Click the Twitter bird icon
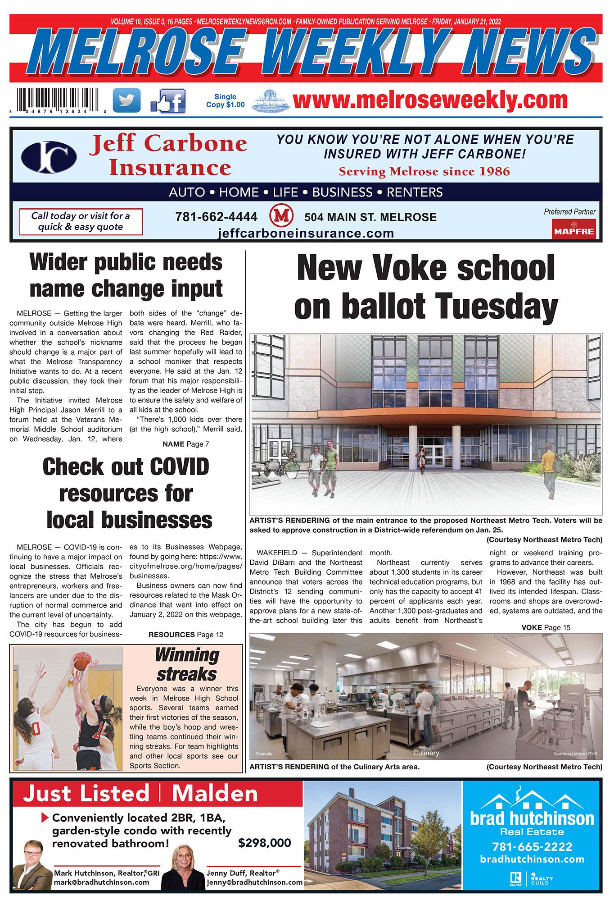(x=126, y=100)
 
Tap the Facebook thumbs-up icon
(x=168, y=101)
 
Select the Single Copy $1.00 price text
(x=225, y=101)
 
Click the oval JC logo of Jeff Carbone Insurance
(x=49, y=157)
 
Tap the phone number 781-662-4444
(x=216, y=217)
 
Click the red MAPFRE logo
(x=574, y=229)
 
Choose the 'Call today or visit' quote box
(x=81, y=221)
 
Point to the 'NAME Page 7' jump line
(x=185, y=444)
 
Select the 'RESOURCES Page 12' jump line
(x=185, y=635)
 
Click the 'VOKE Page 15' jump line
(x=546, y=627)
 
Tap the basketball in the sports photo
(x=82, y=661)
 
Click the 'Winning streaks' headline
(x=187, y=664)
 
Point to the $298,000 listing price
(x=264, y=843)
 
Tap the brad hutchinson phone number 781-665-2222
(x=532, y=846)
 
